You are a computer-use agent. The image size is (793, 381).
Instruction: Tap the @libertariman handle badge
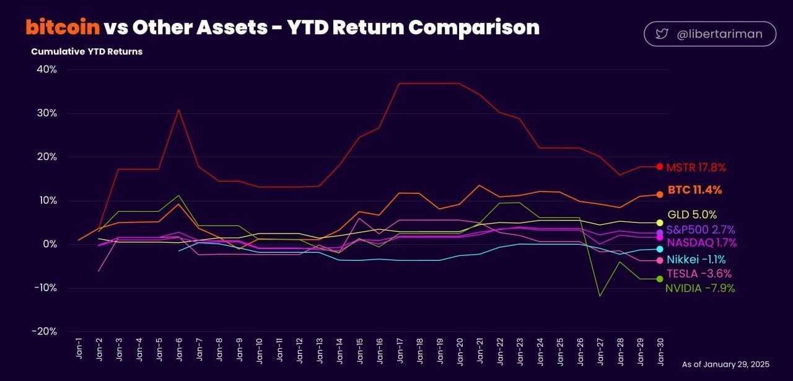(x=710, y=34)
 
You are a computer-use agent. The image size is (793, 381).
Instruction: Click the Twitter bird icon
(x=662, y=34)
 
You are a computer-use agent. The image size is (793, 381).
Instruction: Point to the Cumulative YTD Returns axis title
(x=87, y=51)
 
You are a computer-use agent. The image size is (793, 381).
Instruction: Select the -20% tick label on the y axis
(x=43, y=331)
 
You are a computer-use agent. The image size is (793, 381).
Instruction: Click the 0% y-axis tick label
(x=49, y=244)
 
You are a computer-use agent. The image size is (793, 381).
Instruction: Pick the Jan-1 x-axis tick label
(x=79, y=351)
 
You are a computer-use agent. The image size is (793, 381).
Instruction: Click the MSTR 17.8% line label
(x=696, y=167)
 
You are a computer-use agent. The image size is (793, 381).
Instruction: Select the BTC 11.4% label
(x=694, y=190)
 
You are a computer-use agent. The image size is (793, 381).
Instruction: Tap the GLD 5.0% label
(x=692, y=215)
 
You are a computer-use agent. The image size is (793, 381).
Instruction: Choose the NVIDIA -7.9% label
(x=700, y=288)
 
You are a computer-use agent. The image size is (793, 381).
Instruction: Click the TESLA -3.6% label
(x=699, y=273)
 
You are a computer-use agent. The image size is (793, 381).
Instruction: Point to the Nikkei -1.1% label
(x=696, y=260)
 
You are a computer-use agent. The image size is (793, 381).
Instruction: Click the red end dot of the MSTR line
(x=660, y=167)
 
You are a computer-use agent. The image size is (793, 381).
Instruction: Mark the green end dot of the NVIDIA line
(x=660, y=279)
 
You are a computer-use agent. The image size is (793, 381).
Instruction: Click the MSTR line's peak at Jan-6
(x=178, y=110)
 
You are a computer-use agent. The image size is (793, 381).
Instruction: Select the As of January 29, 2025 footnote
(x=725, y=364)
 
